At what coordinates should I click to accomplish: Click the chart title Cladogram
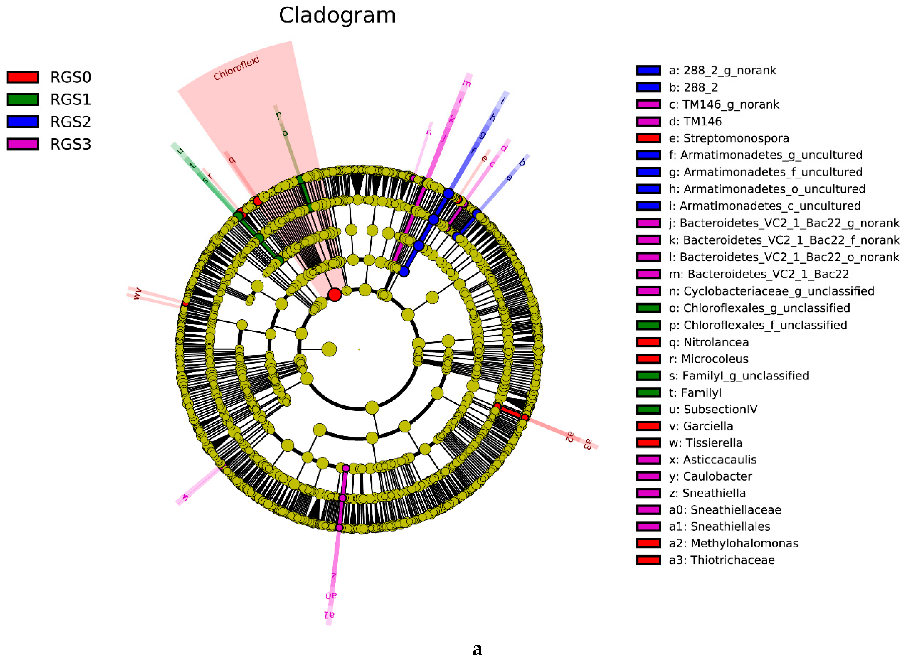point(337,16)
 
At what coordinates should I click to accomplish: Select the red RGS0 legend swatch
point(22,77)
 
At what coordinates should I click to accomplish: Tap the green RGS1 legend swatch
point(22,99)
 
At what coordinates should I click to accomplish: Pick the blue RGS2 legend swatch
point(22,121)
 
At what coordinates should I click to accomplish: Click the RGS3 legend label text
point(71,144)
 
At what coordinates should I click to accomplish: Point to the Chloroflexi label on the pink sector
point(236,68)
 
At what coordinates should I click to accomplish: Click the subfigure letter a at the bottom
point(477,648)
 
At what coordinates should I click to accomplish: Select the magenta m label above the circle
point(467,84)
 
